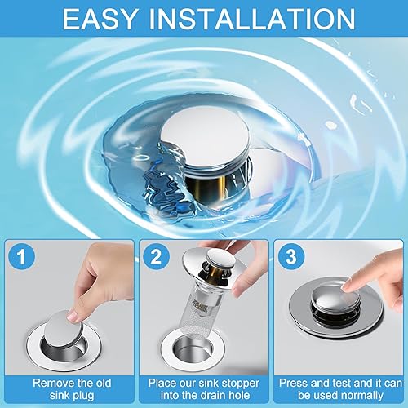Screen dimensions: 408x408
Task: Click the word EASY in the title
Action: pos(100,19)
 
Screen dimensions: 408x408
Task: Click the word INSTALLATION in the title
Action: pos(252,19)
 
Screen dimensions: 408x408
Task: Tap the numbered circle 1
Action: pos(21,256)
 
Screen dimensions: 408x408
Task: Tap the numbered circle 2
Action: pos(156,256)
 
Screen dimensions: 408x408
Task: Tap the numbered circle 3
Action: pos(291,256)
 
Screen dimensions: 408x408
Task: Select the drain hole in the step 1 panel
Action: pos(64,348)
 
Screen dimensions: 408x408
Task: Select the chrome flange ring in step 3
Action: pos(335,324)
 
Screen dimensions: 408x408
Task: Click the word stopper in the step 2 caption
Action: pos(240,384)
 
